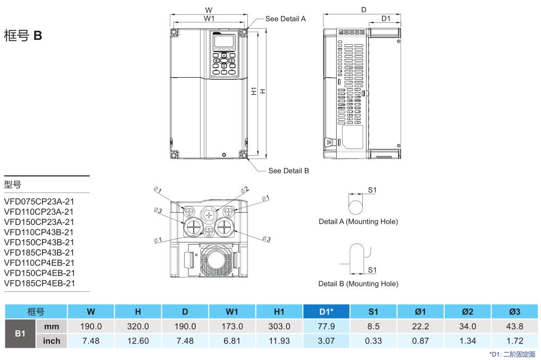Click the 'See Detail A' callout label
tap(285, 19)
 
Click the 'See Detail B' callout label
tap(288, 171)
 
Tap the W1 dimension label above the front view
tap(209, 18)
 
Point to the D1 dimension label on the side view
tap(386, 18)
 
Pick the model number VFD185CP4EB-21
tap(39, 283)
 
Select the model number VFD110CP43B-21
tap(39, 232)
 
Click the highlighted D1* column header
tap(326, 311)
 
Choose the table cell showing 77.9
tap(326, 326)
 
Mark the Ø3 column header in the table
tap(514, 311)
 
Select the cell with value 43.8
tap(514, 326)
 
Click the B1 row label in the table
tap(20, 333)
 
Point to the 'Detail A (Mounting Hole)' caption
tap(358, 221)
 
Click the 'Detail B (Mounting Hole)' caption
tap(358, 284)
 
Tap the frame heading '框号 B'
tap(23, 37)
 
